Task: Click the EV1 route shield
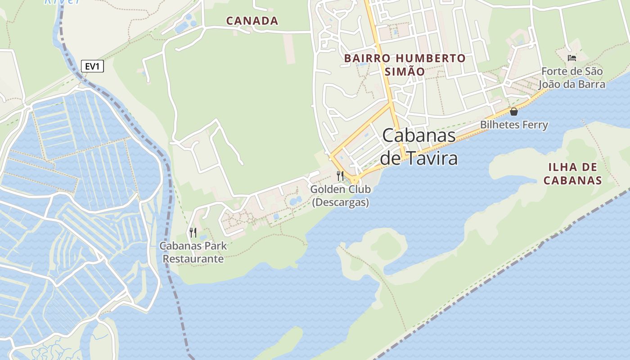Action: point(92,67)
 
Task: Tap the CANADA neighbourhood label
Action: point(252,21)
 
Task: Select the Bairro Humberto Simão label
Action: point(405,65)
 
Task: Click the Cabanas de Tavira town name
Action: point(419,147)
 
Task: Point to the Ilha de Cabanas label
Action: point(572,174)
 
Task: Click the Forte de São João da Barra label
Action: point(572,78)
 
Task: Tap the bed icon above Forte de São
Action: point(572,58)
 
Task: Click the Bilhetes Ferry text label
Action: point(514,125)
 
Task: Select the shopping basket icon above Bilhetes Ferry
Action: point(514,112)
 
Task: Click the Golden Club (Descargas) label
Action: point(341,196)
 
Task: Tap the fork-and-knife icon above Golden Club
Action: point(340,175)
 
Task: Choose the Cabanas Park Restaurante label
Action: point(193,252)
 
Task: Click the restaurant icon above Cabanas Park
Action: point(193,232)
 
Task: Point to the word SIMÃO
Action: point(405,72)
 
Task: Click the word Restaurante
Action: point(193,259)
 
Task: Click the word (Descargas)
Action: point(341,202)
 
